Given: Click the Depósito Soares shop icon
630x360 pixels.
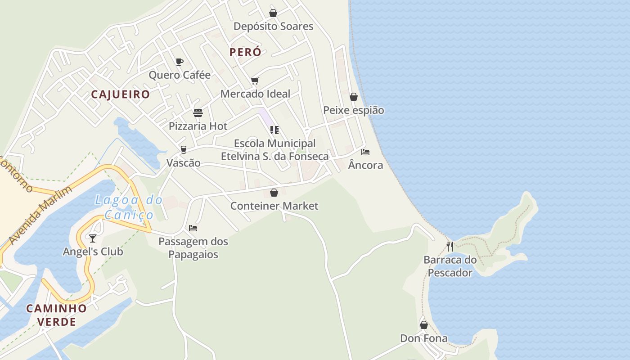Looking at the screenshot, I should (273, 13).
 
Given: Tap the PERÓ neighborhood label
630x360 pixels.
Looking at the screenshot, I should (245, 52).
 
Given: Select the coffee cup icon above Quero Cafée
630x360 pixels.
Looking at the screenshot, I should (180, 62).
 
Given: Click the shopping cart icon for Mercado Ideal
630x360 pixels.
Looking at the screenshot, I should (255, 81).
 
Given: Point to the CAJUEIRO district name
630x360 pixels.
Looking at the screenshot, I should (120, 94).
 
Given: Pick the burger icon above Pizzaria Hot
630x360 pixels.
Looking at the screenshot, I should (198, 112).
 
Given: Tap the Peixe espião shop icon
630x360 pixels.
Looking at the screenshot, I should (354, 97).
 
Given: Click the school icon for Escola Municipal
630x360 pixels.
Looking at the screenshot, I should (274, 130).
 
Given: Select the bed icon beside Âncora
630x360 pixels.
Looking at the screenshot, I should (365, 152).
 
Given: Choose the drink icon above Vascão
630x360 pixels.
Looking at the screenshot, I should (183, 149).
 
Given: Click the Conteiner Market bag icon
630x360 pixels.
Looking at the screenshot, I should (274, 193).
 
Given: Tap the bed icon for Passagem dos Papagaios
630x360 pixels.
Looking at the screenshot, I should (193, 228).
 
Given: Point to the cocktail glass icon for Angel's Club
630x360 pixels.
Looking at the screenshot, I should (93, 238).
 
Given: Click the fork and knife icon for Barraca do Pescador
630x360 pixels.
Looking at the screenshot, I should (450, 246).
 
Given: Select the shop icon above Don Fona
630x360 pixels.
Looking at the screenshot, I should (424, 325).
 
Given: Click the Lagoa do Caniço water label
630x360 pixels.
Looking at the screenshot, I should (128, 207).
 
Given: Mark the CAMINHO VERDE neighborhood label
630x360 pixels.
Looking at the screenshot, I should (56, 315).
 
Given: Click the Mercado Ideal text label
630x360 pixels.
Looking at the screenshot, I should (255, 94).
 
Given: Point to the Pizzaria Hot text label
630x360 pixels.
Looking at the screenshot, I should (198, 126).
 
